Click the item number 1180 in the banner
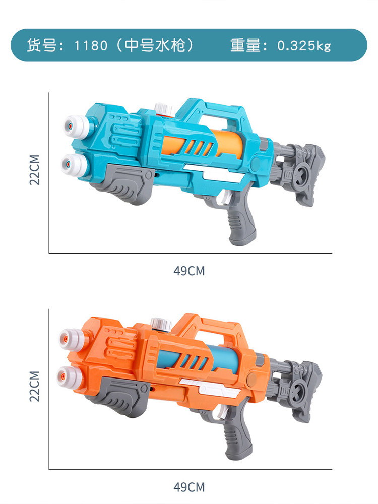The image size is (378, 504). click(91, 46)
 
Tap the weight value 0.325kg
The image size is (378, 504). click(304, 46)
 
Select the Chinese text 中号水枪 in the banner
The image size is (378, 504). click(155, 45)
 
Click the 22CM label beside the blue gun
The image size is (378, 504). click(35, 170)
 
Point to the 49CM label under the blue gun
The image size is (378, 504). click(189, 271)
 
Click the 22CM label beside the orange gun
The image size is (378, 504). click(35, 387)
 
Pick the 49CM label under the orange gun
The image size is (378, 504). click(189, 487)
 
